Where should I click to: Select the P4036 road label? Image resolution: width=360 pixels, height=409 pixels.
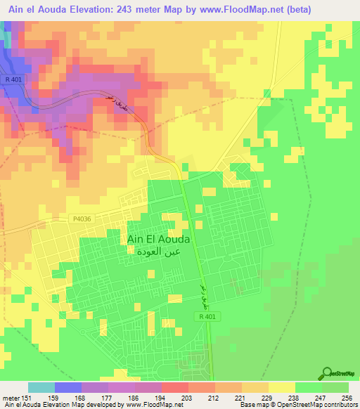point(81,219)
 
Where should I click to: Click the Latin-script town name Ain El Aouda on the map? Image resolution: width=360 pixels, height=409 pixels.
point(159,239)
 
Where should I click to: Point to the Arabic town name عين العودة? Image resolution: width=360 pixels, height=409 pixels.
point(159,251)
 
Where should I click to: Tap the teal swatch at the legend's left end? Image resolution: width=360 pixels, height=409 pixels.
point(41,387)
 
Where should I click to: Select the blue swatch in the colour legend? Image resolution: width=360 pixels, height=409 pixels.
point(68,387)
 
